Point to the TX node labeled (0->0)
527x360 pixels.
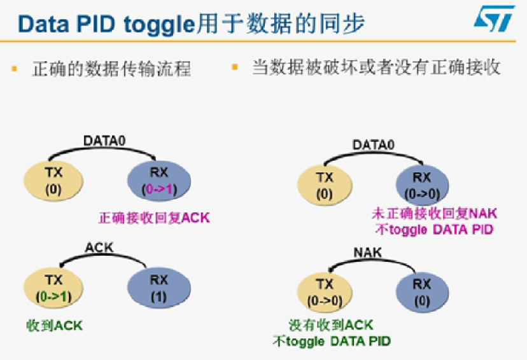click(x=325, y=293)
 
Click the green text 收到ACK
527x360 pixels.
click(x=55, y=326)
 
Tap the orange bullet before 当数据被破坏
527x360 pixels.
click(x=235, y=66)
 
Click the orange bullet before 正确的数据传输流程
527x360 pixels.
click(x=15, y=67)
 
